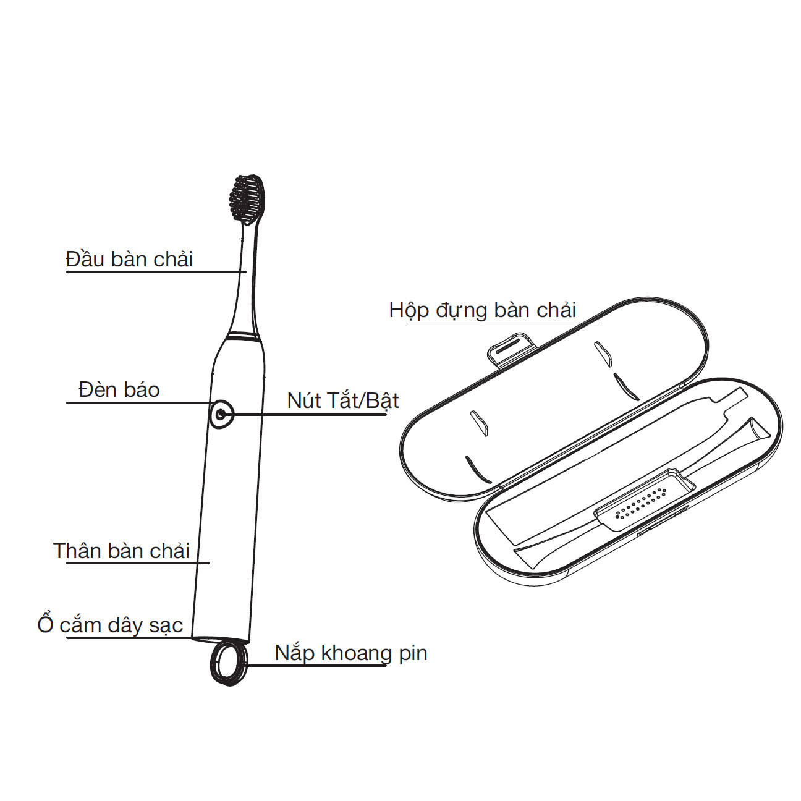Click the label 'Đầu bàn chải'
129,259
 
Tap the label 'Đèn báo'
119,389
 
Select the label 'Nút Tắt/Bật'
342,400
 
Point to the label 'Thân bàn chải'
121,550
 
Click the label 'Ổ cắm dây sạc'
110,625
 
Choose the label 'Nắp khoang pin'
350,653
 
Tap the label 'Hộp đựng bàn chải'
482,310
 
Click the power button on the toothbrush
221,414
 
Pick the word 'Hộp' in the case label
409,310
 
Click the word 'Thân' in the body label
77,550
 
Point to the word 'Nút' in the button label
303,400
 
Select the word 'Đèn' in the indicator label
97,389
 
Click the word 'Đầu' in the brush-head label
85,259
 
